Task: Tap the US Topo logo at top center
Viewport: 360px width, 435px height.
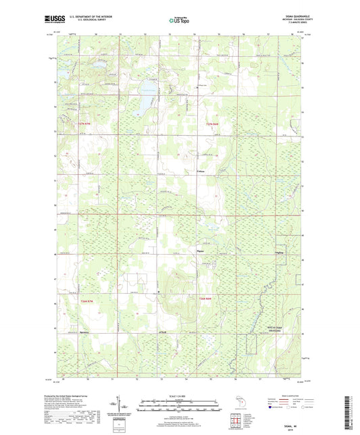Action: pos(178,20)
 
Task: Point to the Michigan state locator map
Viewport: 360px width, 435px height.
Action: pos(241,403)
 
